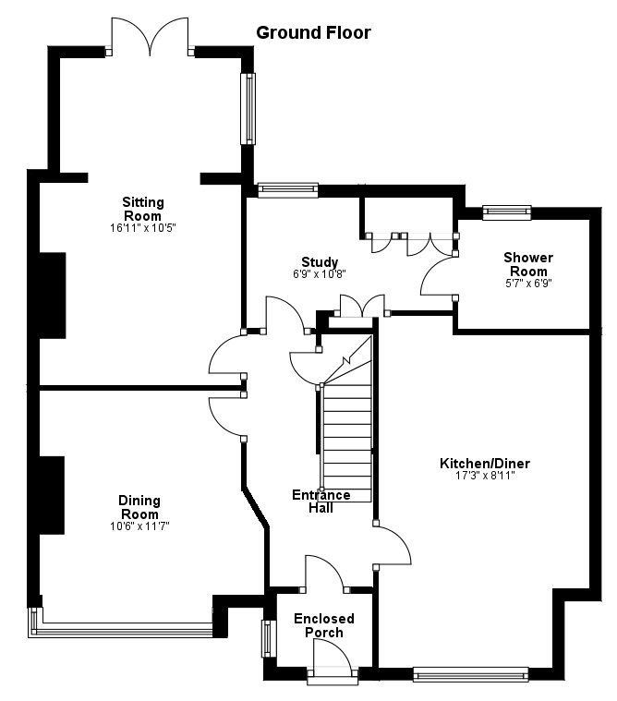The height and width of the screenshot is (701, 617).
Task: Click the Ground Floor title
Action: click(313, 33)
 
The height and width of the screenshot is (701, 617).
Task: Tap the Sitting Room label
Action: click(143, 209)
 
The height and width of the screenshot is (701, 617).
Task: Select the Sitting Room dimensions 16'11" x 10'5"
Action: click(143, 227)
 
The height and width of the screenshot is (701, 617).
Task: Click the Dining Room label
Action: click(139, 507)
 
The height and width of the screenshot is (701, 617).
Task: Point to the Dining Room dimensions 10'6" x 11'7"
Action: click(139, 526)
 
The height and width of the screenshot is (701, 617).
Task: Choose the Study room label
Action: click(320, 262)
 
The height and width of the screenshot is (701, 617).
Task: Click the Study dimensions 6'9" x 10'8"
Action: click(320, 274)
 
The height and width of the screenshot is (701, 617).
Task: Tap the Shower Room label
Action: click(528, 264)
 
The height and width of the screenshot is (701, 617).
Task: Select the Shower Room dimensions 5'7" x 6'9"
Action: click(528, 284)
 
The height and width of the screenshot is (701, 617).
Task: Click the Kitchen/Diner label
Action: click(485, 464)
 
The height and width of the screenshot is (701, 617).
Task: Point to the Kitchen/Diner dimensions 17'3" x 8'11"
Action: click(485, 477)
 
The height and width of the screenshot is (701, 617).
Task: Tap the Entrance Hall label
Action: click(321, 501)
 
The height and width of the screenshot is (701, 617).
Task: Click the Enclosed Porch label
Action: click(324, 625)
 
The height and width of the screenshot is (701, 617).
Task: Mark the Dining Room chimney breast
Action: click(51, 494)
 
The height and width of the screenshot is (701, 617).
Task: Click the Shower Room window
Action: click(507, 212)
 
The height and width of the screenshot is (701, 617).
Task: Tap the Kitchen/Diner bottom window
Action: click(470, 673)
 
